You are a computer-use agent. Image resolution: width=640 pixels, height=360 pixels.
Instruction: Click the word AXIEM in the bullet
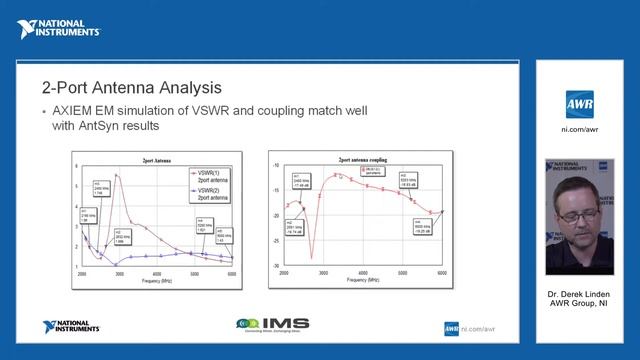pyautogui.click(x=73, y=111)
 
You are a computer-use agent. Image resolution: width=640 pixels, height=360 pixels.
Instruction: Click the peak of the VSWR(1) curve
pyautogui.click(x=116, y=176)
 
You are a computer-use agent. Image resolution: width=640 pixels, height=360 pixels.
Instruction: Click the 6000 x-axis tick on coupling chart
pyautogui.click(x=443, y=271)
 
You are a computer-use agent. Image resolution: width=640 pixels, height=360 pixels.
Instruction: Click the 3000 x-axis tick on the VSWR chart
pyautogui.click(x=118, y=274)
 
